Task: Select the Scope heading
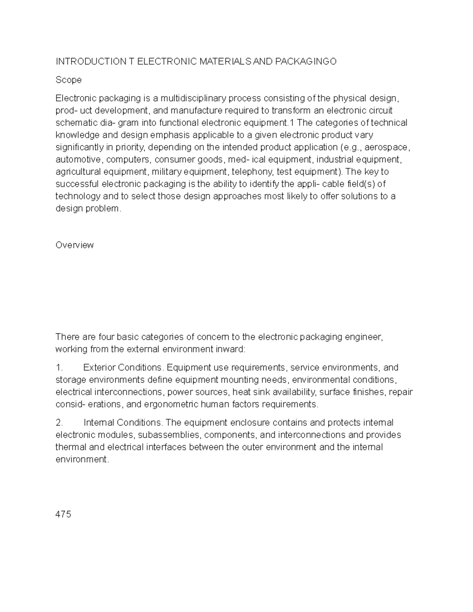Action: (69, 80)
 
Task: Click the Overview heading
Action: (74, 245)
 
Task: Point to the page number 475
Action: (63, 514)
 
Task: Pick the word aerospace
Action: (389, 147)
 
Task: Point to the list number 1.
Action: (59, 368)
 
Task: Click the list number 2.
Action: (60, 423)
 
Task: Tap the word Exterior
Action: (99, 368)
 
